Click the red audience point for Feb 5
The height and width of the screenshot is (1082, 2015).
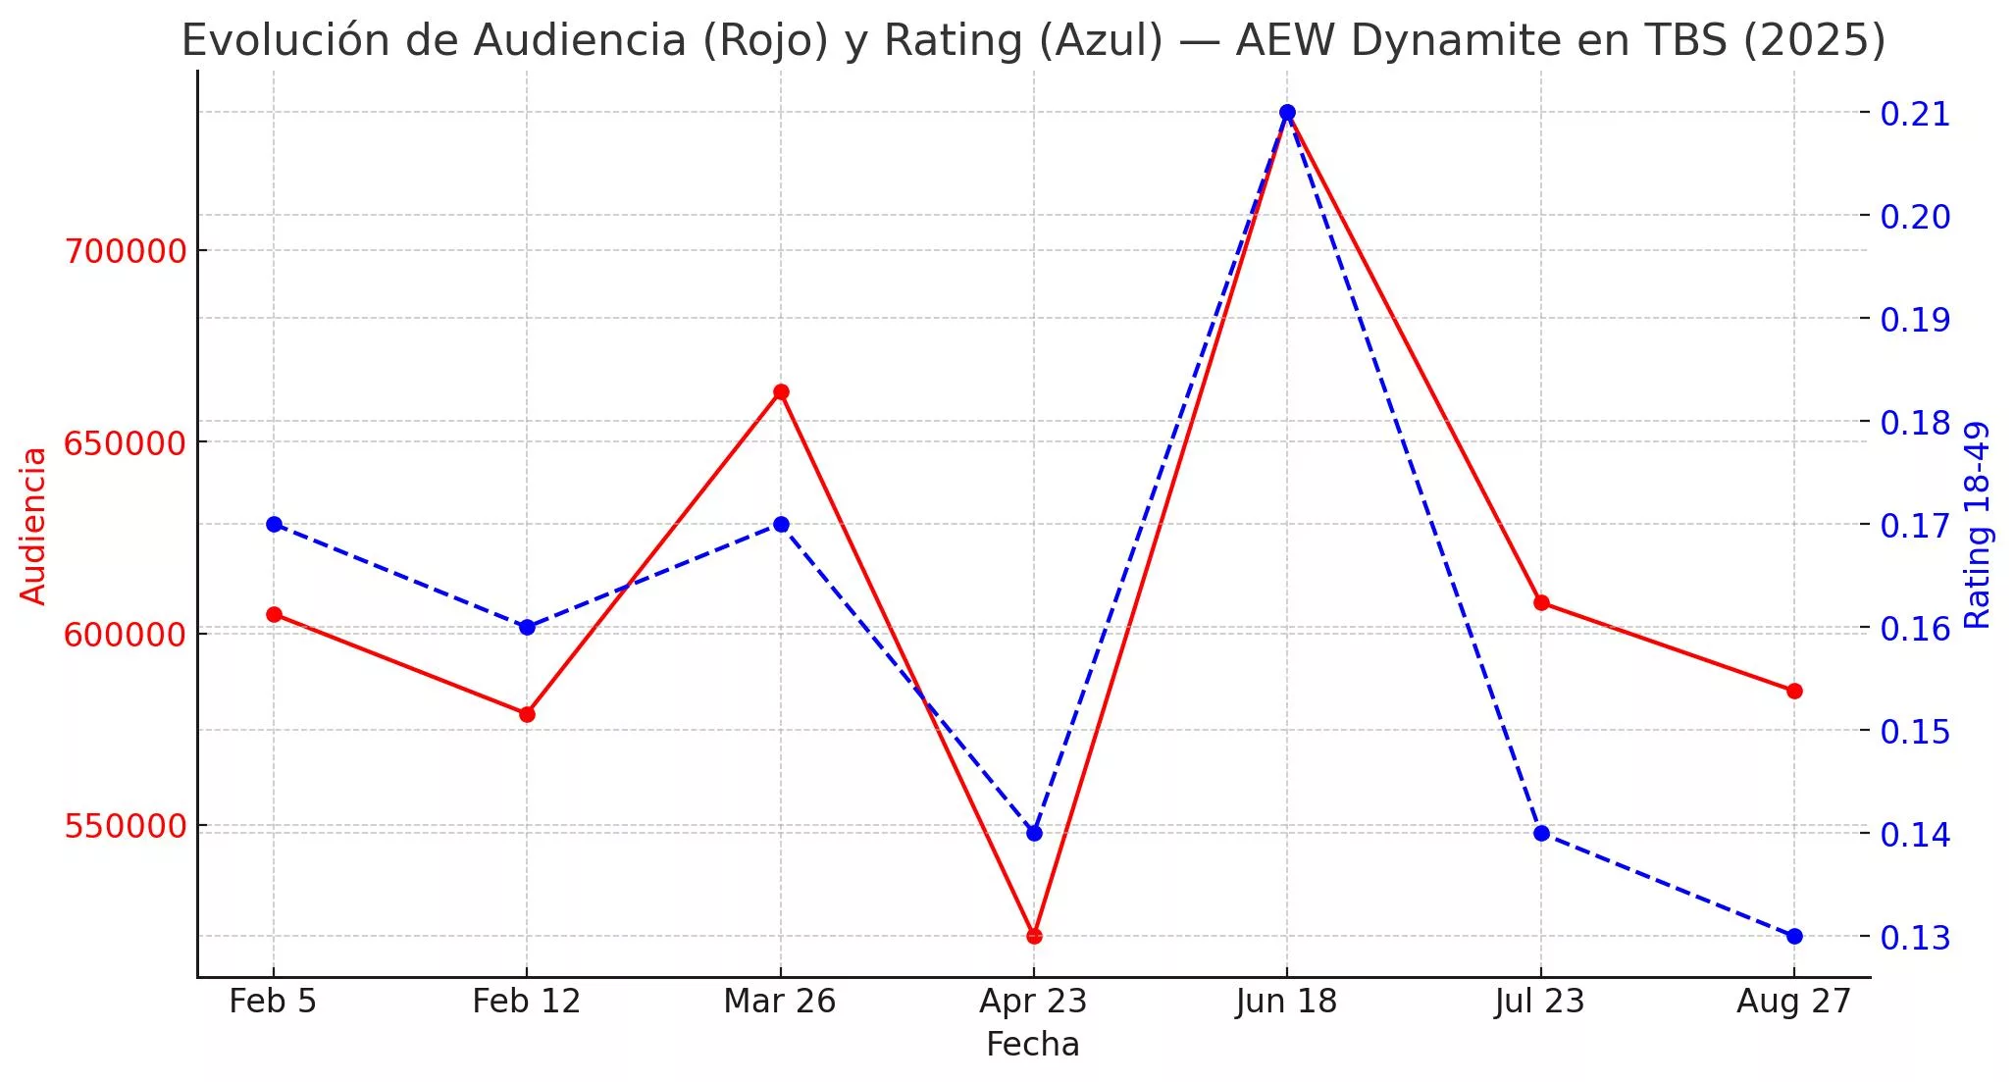[274, 614]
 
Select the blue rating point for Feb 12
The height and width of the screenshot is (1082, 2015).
[527, 627]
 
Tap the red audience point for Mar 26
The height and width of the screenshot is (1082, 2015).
[781, 391]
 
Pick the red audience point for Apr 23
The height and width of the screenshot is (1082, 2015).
[1034, 936]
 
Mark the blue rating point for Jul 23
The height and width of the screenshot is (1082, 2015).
[1541, 833]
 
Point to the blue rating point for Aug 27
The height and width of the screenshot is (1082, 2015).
[1794, 936]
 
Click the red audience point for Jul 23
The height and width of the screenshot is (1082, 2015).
[1541, 602]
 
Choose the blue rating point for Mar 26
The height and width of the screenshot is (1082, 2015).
[781, 524]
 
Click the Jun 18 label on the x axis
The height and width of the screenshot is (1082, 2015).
[1287, 1002]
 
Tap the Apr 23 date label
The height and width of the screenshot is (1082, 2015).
[1034, 1002]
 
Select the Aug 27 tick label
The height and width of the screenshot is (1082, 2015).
[1794, 1002]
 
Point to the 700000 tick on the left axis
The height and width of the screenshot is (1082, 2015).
[126, 251]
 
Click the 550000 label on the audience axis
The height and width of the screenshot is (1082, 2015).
[126, 826]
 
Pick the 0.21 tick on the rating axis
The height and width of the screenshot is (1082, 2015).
[1915, 114]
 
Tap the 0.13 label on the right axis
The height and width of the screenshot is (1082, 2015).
[1915, 938]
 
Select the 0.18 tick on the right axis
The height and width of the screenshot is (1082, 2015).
[1915, 423]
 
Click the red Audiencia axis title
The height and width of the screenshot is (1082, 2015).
[34, 526]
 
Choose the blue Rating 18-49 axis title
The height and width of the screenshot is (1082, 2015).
[1979, 525]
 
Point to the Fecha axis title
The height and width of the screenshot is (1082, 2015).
[1033, 1045]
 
